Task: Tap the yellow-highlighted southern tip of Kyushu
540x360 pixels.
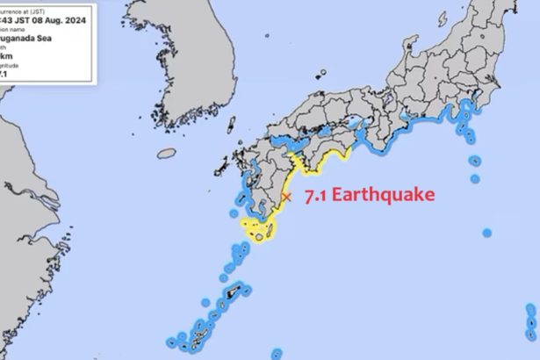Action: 262,230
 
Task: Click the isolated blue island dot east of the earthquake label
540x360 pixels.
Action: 486,233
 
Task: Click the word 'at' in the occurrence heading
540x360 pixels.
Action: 40,9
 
